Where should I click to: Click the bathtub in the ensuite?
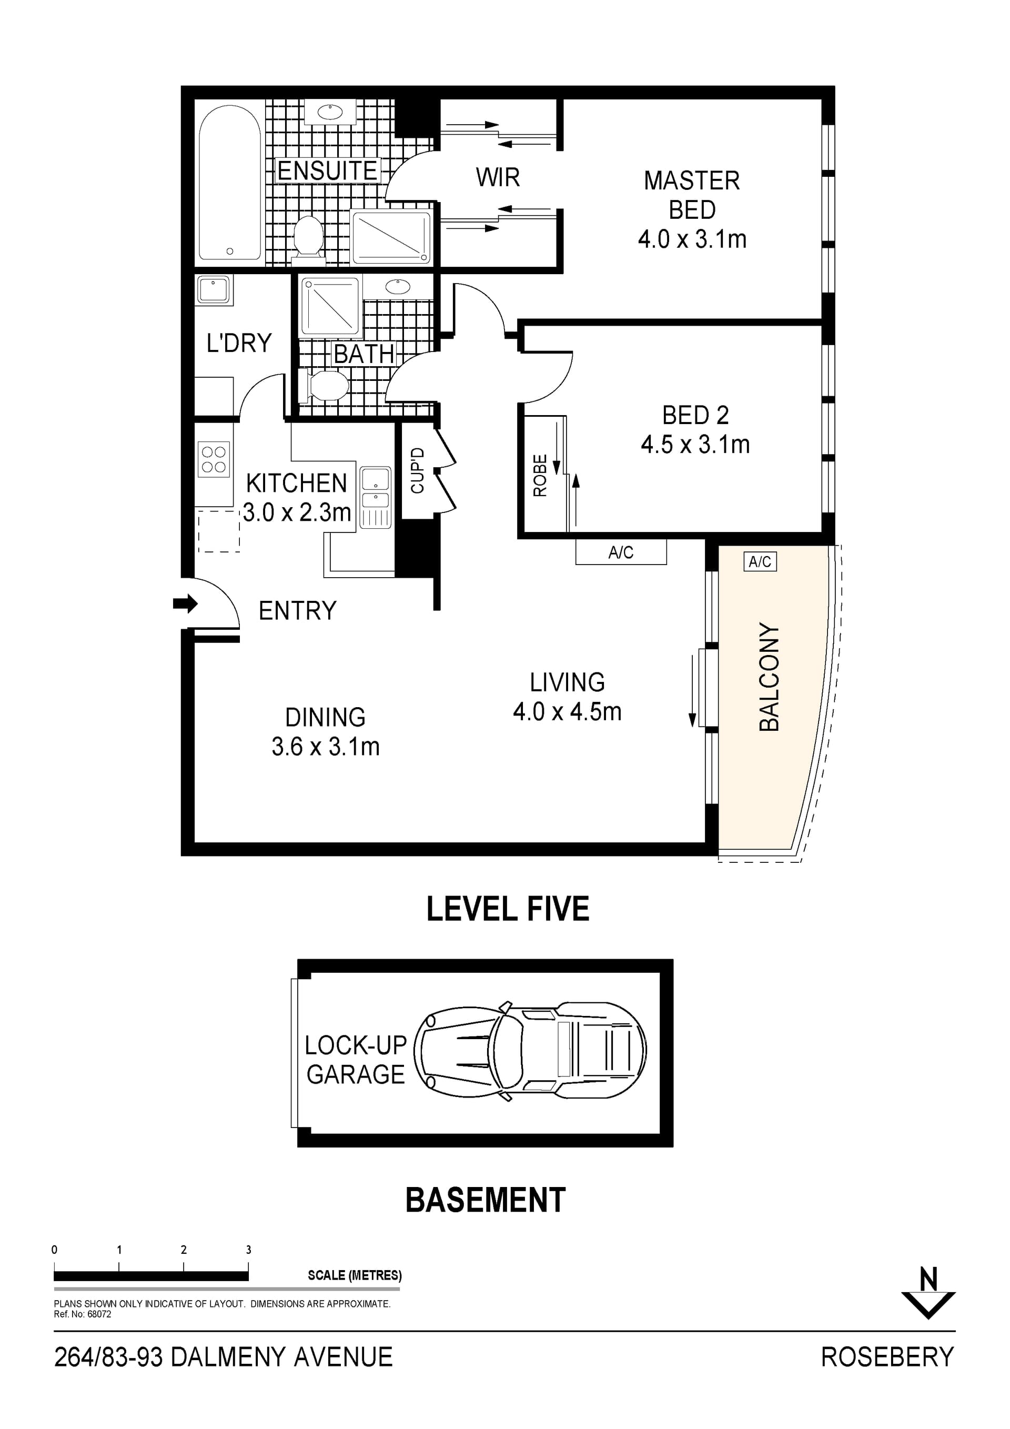click(230, 183)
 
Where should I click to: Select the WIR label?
click(497, 177)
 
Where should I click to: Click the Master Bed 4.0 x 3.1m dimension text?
click(691, 239)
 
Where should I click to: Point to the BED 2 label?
click(695, 415)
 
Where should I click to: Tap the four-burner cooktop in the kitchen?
click(214, 459)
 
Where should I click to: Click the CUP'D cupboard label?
click(418, 470)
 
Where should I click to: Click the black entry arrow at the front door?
click(185, 603)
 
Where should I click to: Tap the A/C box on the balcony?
click(760, 562)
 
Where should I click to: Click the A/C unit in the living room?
click(620, 552)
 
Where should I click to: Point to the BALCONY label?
click(769, 677)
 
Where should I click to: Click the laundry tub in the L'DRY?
click(214, 290)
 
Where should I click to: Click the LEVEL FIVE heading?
click(507, 909)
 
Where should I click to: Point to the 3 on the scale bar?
click(248, 1250)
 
